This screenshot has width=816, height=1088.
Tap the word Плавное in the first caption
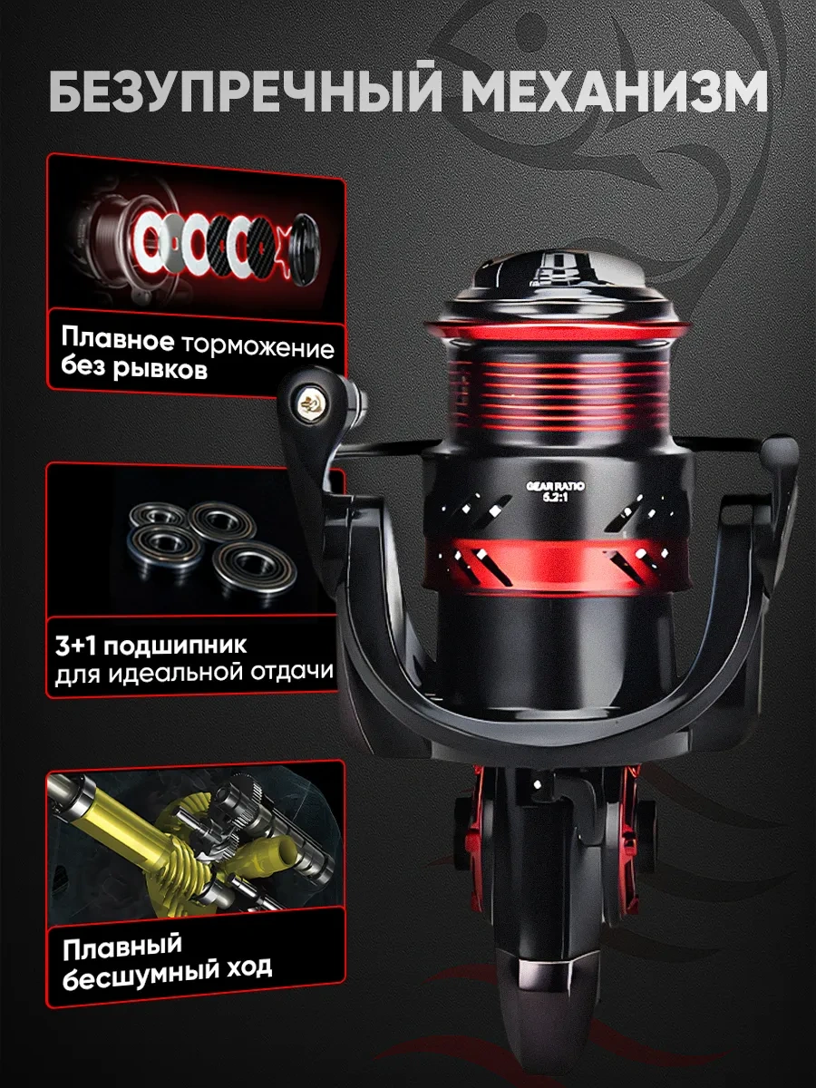click(x=118, y=340)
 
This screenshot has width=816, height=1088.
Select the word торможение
click(x=257, y=347)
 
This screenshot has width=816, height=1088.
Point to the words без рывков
click(x=133, y=369)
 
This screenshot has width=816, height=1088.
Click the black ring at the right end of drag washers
click(x=304, y=248)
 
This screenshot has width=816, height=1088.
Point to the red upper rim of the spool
click(x=557, y=327)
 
